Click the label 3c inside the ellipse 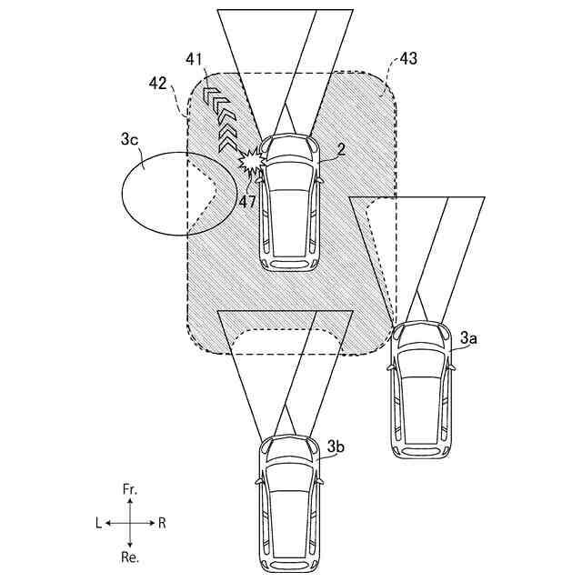point(130,141)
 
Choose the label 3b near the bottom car point(336,447)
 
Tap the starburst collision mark point(250,160)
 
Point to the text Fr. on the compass point(130,490)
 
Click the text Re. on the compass point(130,555)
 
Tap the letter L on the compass point(98,523)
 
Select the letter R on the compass point(161,523)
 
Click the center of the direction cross point(129,523)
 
